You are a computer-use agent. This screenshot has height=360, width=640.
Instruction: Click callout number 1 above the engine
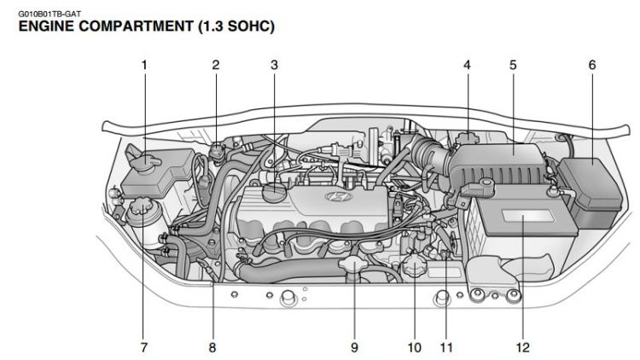[x=144, y=65]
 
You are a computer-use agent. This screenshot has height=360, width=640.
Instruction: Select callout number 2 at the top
[x=216, y=65]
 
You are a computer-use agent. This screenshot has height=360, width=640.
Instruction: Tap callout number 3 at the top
[x=274, y=65]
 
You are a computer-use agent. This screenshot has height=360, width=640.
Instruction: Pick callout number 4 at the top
[x=467, y=65]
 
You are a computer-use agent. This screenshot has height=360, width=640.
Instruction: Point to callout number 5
[x=513, y=65]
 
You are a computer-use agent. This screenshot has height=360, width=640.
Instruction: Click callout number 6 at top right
[x=591, y=65]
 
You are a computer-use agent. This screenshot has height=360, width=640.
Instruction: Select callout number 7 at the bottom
[x=144, y=347]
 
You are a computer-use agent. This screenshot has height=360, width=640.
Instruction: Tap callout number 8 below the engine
[x=212, y=347]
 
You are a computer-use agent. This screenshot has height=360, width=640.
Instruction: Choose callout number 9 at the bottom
[x=354, y=347]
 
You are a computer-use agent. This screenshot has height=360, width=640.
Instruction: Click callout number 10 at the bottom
[x=414, y=347]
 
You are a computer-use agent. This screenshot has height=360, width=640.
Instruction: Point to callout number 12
[x=522, y=347]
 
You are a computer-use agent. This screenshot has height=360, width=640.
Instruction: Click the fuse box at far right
[x=591, y=189]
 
